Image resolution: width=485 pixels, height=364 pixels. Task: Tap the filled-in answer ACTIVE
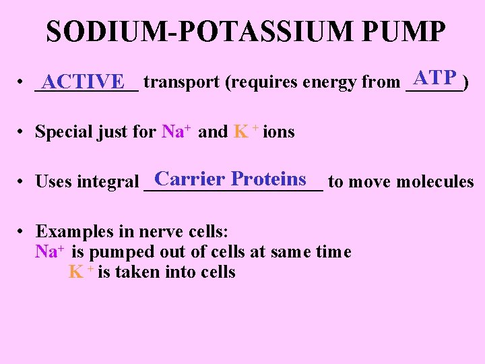click(x=83, y=82)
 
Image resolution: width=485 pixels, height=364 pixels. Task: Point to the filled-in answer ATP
click(x=436, y=78)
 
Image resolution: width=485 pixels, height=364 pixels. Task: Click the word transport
click(x=181, y=82)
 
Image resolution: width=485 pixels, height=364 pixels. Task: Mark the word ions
click(x=279, y=131)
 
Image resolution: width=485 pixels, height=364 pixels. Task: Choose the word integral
click(x=108, y=182)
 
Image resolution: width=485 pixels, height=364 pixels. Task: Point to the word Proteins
click(x=269, y=179)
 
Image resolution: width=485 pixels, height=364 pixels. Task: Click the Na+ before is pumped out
click(x=49, y=252)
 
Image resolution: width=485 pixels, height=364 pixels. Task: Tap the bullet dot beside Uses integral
click(x=22, y=182)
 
